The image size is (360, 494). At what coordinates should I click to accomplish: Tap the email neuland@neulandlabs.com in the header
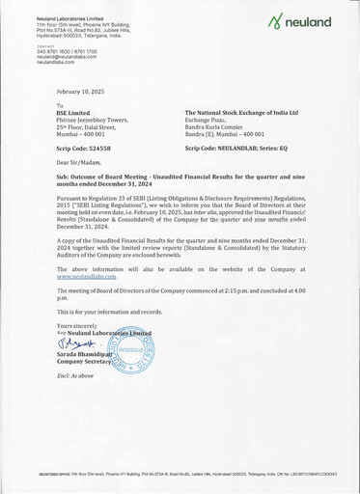point(44,55)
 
